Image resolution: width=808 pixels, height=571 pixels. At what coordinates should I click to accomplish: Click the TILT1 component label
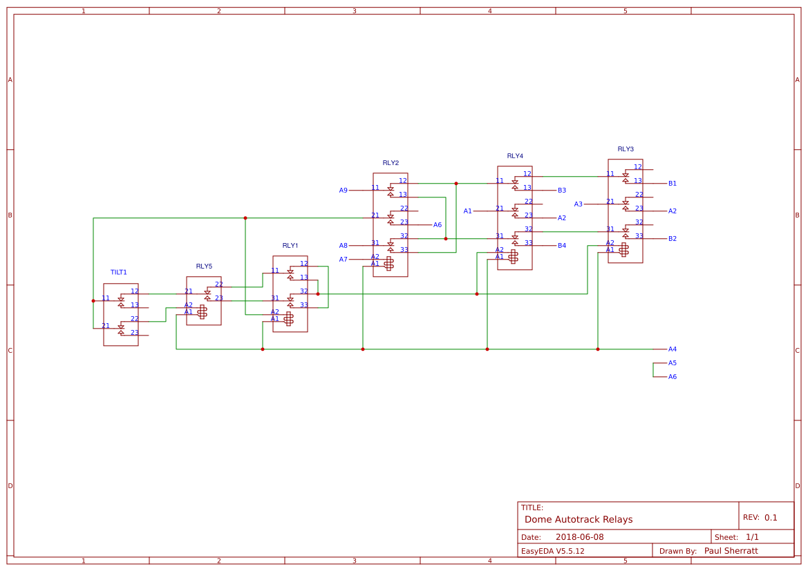(118, 273)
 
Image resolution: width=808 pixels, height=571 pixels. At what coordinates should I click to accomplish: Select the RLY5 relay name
(204, 266)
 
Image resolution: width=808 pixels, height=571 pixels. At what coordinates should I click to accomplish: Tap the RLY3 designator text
(626, 148)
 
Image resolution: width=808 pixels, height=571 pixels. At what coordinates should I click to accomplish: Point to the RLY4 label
(515, 156)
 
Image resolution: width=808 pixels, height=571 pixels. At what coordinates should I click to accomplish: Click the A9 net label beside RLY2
(343, 191)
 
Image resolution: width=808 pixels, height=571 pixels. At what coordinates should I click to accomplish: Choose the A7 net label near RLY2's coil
(343, 260)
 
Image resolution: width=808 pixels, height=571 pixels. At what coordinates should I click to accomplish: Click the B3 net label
(562, 191)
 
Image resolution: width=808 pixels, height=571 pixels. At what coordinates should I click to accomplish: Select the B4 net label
(562, 246)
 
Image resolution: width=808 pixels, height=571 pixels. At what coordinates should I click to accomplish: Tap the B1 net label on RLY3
(672, 184)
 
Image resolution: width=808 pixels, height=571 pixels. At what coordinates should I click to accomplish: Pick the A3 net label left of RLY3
(579, 204)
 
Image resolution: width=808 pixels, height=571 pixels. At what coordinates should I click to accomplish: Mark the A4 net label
(672, 349)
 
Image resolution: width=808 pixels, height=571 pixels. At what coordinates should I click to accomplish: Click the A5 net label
(672, 363)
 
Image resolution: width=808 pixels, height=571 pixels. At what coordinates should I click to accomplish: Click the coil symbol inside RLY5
(202, 312)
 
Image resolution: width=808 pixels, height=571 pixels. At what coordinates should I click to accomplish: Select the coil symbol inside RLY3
(623, 250)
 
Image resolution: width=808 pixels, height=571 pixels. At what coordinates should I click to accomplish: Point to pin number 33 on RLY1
(303, 305)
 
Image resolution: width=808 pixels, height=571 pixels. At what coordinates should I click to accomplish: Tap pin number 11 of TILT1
(106, 298)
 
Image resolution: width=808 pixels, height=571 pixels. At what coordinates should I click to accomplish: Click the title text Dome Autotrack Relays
(579, 519)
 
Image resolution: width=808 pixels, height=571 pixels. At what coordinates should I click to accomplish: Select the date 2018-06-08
(579, 537)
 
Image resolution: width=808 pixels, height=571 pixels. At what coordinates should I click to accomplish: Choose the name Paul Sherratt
(731, 551)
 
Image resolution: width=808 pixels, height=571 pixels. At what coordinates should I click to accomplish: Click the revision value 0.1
(771, 518)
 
